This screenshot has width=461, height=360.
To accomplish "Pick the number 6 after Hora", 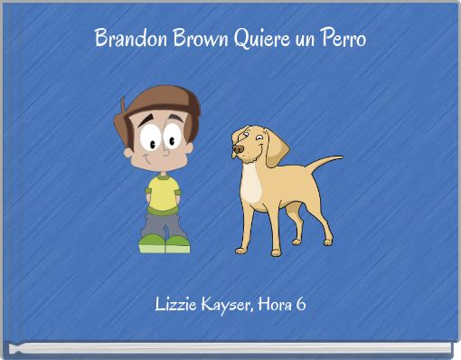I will click(x=300, y=304).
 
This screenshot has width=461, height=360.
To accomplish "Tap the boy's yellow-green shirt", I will click(x=164, y=193).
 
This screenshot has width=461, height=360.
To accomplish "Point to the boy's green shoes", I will click(x=164, y=243).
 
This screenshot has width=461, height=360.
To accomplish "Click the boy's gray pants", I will click(x=164, y=223).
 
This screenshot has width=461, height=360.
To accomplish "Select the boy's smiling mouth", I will click(x=161, y=164).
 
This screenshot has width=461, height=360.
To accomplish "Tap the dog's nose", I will click(x=235, y=150).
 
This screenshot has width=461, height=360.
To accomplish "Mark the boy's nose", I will click(x=165, y=152).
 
